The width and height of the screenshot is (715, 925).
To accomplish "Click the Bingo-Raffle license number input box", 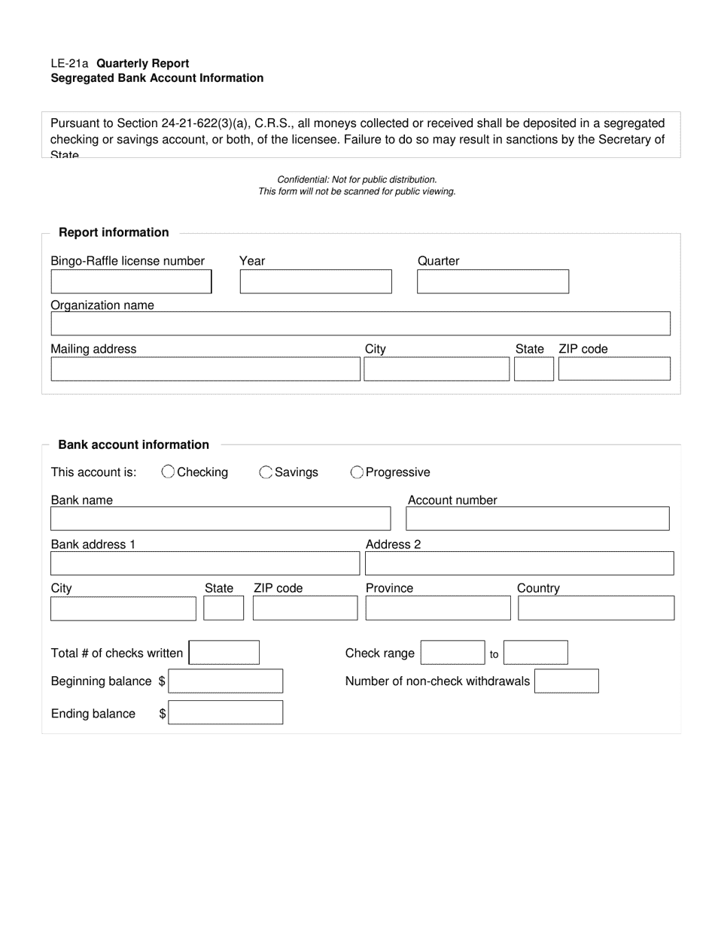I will (x=131, y=281).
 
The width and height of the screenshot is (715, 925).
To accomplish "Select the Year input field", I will (x=315, y=281).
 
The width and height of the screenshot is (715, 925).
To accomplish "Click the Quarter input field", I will (x=493, y=281).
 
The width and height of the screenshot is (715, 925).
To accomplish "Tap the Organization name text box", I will (x=360, y=323).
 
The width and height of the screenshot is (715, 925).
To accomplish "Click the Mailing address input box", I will (x=205, y=369).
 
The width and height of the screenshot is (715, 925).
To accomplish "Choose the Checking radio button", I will (x=169, y=472).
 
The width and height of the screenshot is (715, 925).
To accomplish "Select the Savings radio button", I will (x=266, y=472).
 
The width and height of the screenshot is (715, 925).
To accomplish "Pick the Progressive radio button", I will (x=357, y=472).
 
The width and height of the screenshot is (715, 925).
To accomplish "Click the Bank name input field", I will (x=221, y=518).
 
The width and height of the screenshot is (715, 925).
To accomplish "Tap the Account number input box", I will (x=537, y=518).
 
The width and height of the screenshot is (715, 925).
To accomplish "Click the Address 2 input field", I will (x=519, y=563).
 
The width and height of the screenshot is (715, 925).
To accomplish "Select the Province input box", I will (x=438, y=608).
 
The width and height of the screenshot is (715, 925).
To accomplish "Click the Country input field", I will (x=596, y=608).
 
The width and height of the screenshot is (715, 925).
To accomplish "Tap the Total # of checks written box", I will (x=224, y=653).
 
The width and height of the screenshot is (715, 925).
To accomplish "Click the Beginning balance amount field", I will (x=226, y=681).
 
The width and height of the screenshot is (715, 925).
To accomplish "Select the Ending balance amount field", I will (x=226, y=712).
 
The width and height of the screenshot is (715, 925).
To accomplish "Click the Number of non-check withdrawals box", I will (x=566, y=681).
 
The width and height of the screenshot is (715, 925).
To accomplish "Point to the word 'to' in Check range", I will (x=494, y=654).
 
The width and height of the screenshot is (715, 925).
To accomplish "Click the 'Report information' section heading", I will (x=114, y=232).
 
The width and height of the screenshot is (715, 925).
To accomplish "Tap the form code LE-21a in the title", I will (x=69, y=63).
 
